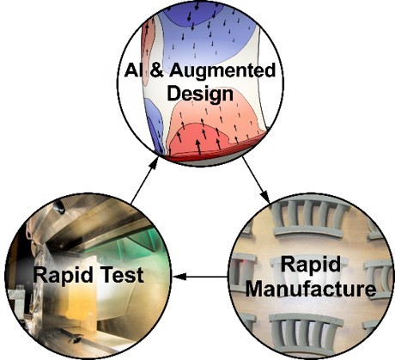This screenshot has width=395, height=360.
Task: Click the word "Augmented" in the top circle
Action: [222, 71]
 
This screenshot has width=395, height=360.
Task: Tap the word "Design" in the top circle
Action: [200, 94]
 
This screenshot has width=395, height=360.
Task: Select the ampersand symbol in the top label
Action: [157, 70]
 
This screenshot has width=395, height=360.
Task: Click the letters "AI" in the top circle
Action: [134, 70]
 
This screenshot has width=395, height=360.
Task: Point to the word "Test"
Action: [121, 275]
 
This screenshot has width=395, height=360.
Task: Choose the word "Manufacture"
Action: [311, 290]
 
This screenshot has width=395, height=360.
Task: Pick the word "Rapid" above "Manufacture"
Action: [311, 265]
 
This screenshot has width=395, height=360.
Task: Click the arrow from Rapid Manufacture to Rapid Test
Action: [200, 277]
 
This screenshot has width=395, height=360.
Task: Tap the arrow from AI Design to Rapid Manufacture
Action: [256, 180]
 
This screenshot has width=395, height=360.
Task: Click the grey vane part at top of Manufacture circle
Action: [310, 220]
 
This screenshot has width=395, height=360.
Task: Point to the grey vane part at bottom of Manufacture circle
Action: [306, 334]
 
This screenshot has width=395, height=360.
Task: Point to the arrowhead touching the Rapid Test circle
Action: [179, 277]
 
